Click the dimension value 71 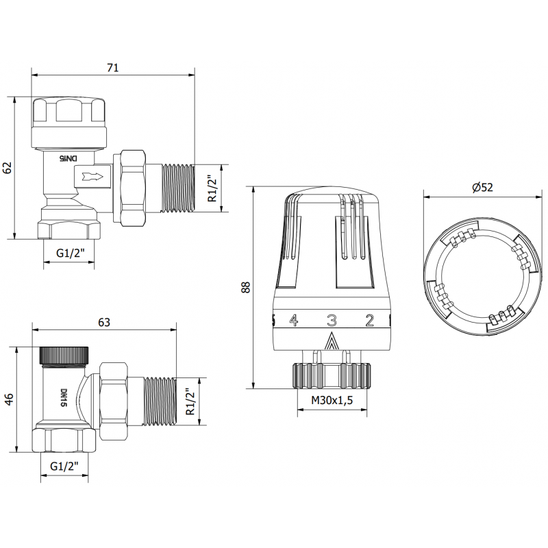coord(113,67)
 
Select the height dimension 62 coord(8,167)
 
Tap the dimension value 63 coord(104,322)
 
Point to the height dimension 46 coord(9,399)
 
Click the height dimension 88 coord(245,287)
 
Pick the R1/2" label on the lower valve coord(190,401)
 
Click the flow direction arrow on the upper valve coord(93,177)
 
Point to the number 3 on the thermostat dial coord(332,320)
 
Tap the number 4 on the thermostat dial coord(294,320)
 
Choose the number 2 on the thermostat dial coord(369,320)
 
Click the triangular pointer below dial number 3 coord(332,340)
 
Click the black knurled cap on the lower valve coord(65,355)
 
